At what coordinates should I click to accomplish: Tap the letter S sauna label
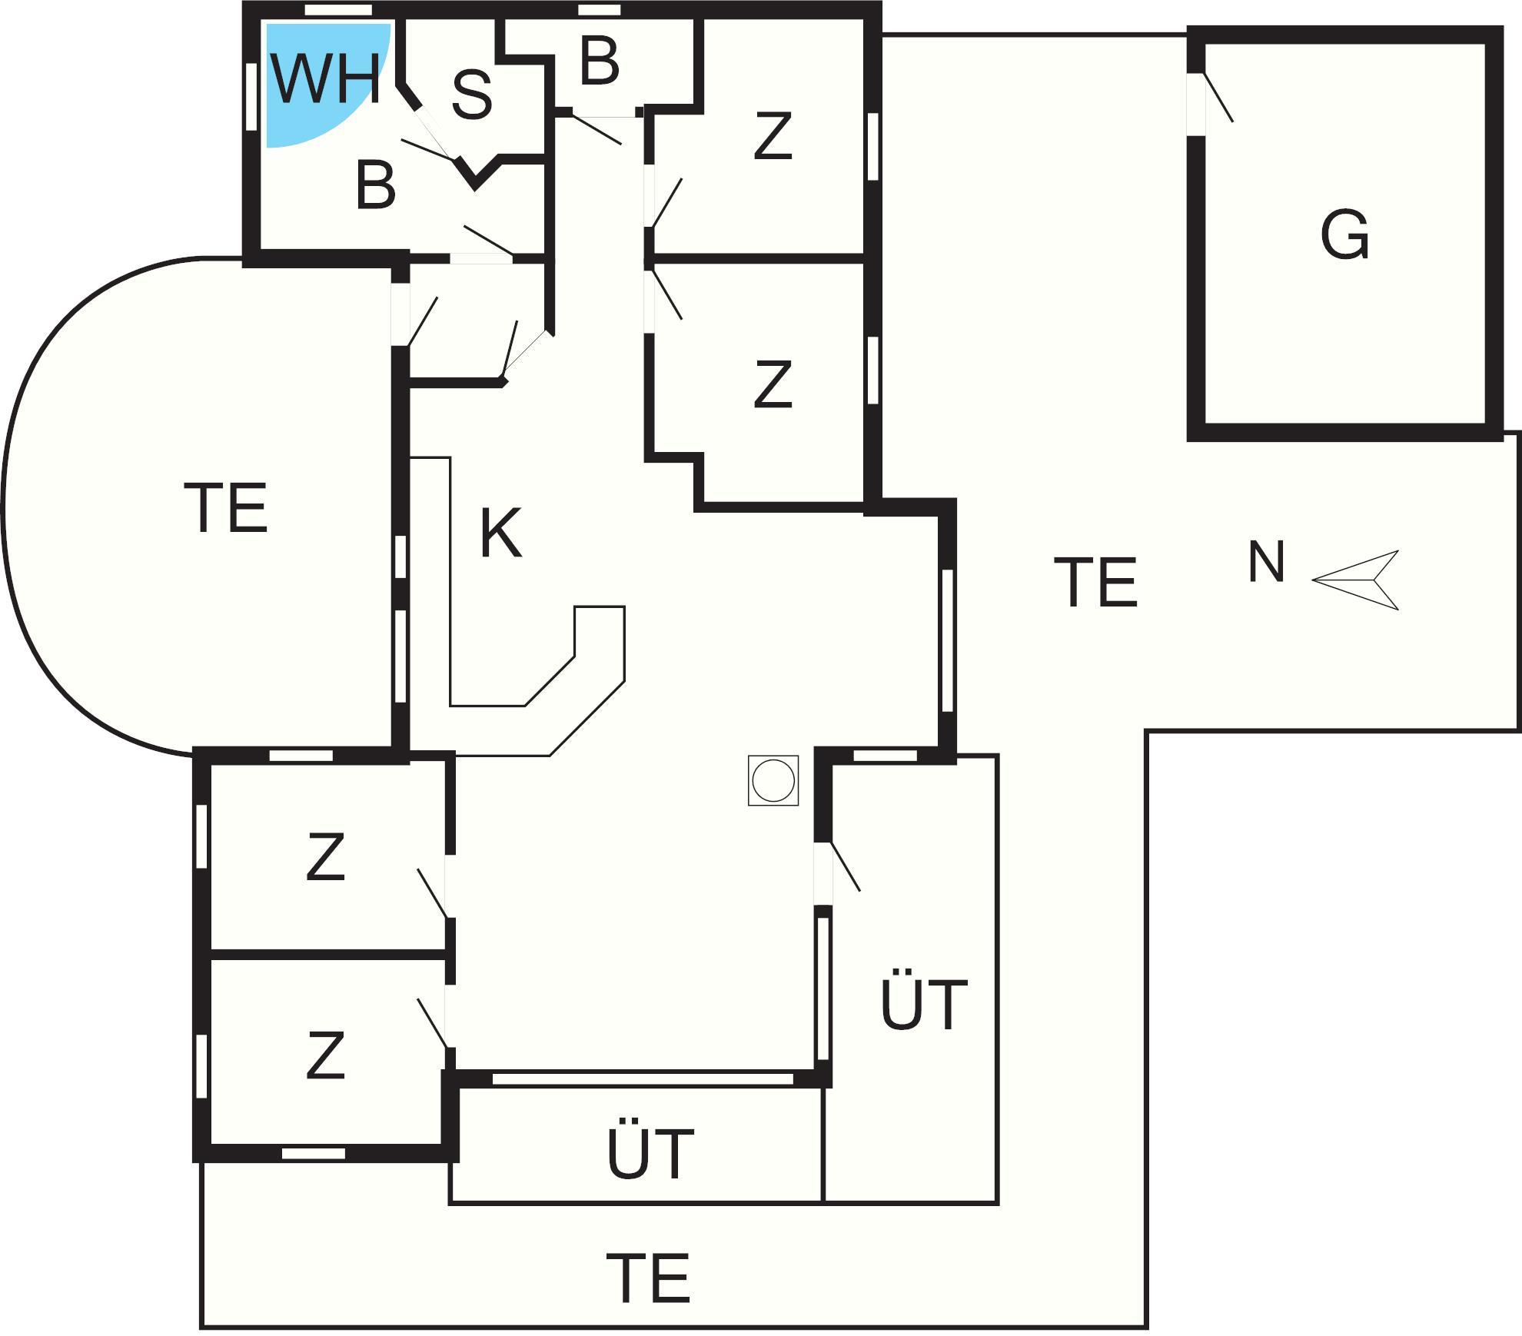pos(471,95)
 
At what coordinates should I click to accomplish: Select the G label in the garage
pos(1345,234)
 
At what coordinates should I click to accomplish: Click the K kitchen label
pos(500,533)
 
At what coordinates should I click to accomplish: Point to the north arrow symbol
pos(1355,580)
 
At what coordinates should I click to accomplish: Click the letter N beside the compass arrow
pos(1266,562)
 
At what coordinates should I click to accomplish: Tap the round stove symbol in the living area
pos(773,780)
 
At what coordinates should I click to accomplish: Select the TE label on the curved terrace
pos(226,507)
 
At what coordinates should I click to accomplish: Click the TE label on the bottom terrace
pos(648,1278)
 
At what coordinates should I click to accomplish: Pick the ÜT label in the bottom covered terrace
pos(650,1152)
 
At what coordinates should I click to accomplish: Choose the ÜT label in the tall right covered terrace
pos(923,1002)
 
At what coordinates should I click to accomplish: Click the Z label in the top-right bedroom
pos(773,136)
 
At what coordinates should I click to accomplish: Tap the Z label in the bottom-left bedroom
pos(325,1055)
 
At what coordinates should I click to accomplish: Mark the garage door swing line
pos(1218,97)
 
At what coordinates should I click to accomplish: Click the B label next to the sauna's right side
pos(600,61)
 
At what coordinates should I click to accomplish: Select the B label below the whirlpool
pos(376,184)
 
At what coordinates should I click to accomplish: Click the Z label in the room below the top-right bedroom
pos(773,384)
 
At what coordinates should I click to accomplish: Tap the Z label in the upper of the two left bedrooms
pos(325,857)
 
